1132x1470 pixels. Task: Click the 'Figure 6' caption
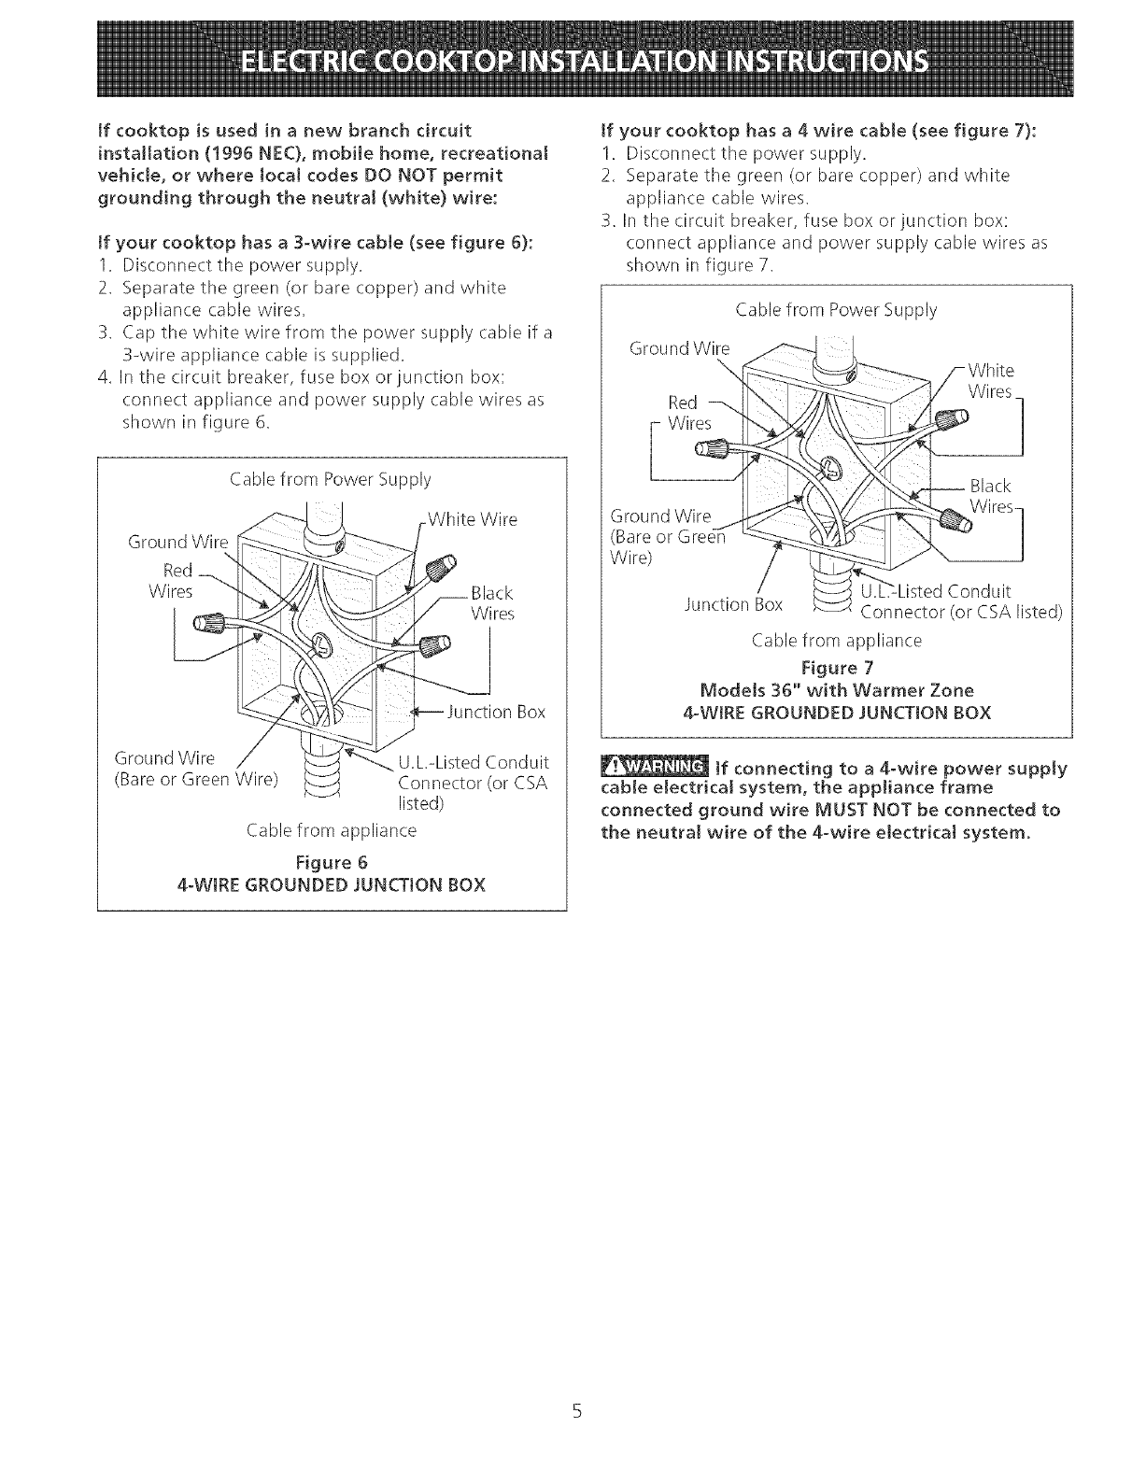point(332,860)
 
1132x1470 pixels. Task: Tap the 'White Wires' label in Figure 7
point(990,380)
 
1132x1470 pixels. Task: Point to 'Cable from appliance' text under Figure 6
point(332,830)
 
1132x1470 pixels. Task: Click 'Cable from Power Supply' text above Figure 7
point(836,310)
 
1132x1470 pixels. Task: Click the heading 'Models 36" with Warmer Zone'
point(836,690)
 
